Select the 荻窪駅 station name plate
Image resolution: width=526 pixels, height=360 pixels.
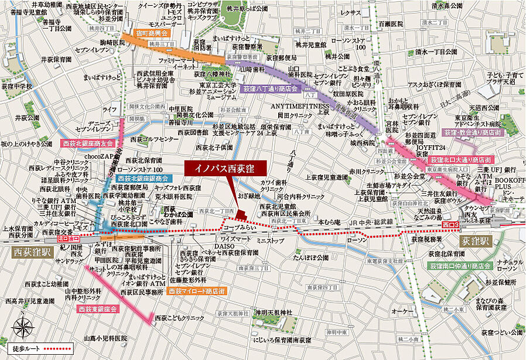pyautogui.click(x=473, y=240)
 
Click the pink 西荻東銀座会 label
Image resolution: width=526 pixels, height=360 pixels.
pyautogui.click(x=97, y=308)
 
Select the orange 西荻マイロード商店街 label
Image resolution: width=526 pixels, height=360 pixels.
pyautogui.click(x=194, y=290)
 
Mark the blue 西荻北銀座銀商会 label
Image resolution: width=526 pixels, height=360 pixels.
pyautogui.click(x=143, y=178)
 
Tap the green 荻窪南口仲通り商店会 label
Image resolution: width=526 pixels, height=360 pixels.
pyautogui.click(x=466, y=266)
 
